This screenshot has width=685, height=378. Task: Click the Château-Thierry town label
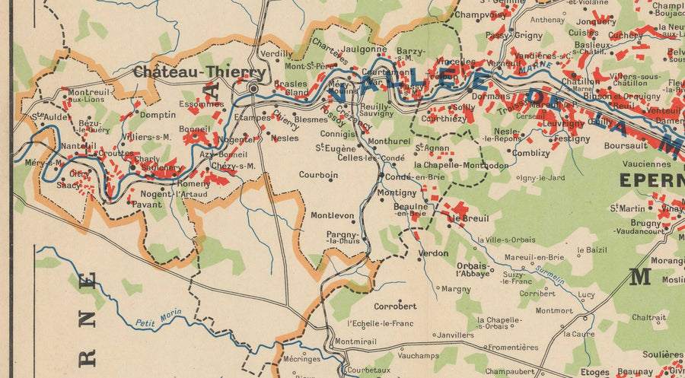(x=199, y=72)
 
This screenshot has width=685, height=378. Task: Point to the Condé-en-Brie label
(x=415, y=177)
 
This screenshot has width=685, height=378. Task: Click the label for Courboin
(x=318, y=174)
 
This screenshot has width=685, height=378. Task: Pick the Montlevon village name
(x=332, y=215)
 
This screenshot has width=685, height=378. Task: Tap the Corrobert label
(x=395, y=306)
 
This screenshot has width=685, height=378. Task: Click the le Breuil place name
(x=467, y=219)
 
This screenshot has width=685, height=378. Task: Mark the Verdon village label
(x=433, y=253)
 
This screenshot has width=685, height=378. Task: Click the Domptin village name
(x=158, y=116)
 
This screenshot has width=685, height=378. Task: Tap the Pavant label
(x=147, y=204)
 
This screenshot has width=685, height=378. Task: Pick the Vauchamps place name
(x=419, y=355)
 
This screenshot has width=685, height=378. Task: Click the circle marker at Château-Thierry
(x=253, y=89)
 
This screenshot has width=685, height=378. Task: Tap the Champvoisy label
(x=481, y=14)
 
